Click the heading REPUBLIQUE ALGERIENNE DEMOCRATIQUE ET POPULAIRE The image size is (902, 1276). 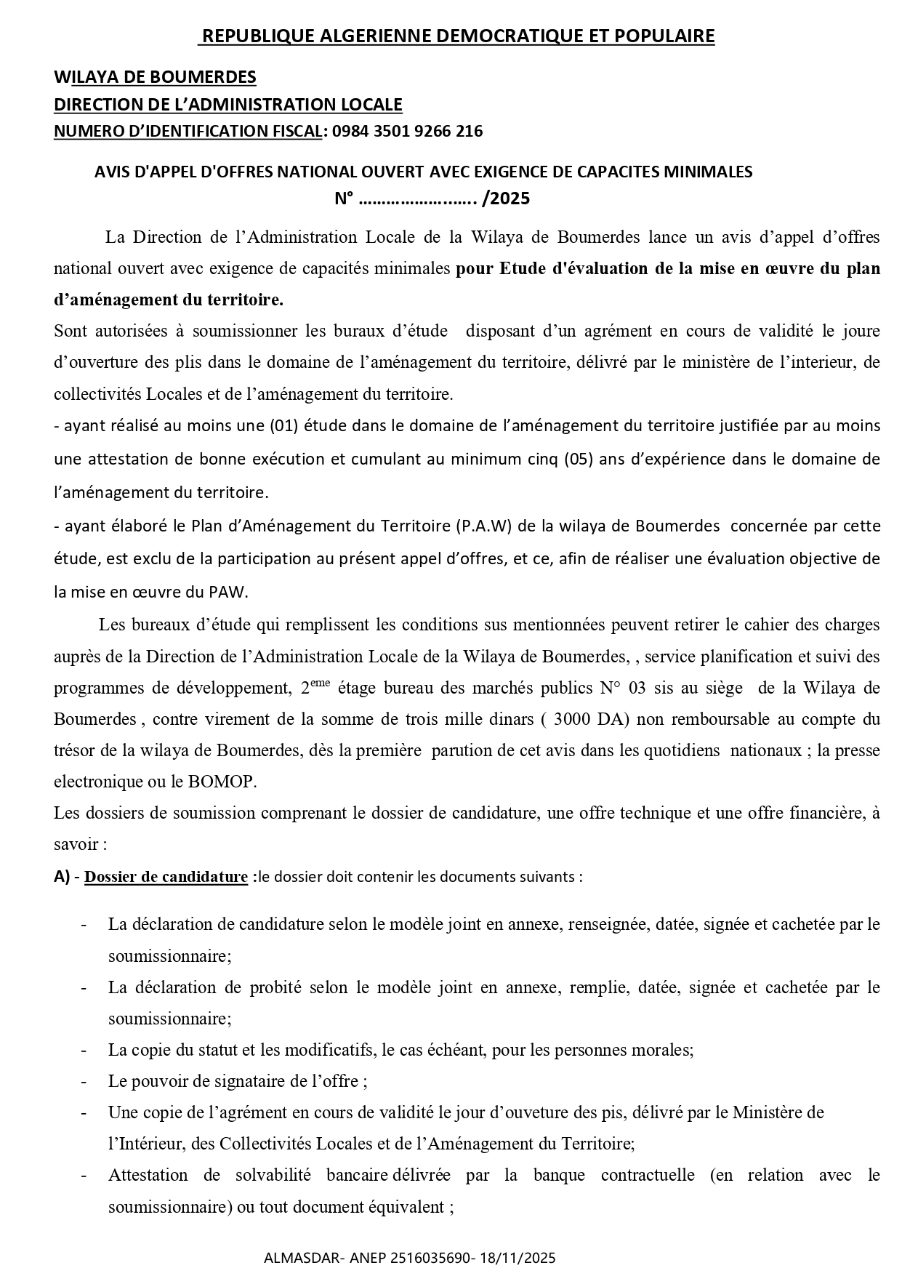457,36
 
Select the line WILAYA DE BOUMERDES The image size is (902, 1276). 155,76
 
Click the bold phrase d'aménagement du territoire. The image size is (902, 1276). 169,299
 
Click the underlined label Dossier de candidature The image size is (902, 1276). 166,877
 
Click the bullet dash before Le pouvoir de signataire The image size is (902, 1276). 84,1081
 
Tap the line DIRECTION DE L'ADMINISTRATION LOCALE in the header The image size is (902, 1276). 228,104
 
